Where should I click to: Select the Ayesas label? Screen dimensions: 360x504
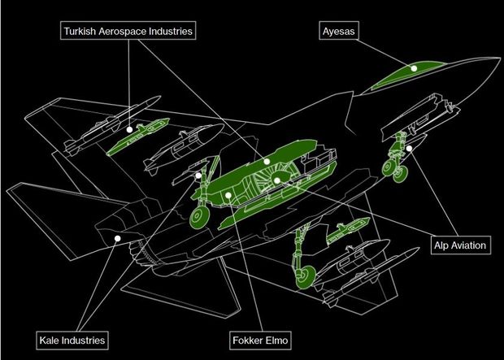(339, 32)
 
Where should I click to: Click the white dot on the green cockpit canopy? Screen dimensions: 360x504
(414, 69)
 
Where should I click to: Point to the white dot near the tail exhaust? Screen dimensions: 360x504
(119, 238)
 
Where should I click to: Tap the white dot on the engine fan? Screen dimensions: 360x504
(277, 180)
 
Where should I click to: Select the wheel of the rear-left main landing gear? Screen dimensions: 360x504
(197, 218)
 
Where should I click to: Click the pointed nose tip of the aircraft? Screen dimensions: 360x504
(497, 59)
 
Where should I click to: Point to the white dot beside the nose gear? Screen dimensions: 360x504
(411, 148)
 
